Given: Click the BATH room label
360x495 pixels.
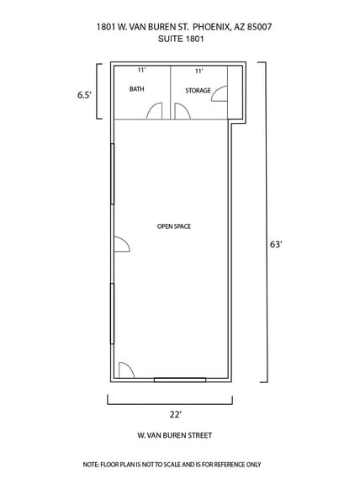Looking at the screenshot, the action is click(x=136, y=89).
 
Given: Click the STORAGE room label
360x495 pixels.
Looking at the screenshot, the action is click(x=198, y=91).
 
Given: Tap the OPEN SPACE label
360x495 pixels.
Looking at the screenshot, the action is click(x=174, y=226).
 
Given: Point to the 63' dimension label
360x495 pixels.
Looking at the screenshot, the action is click(x=275, y=244).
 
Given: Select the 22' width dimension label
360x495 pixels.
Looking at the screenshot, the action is click(x=175, y=414).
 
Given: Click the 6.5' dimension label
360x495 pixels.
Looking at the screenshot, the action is click(x=84, y=95).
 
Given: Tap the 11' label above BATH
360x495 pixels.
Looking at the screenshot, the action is click(x=141, y=70).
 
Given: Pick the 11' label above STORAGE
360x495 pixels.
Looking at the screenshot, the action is click(x=199, y=71).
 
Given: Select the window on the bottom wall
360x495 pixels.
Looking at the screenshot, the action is click(x=180, y=380).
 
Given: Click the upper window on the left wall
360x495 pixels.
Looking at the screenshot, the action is click(x=112, y=174).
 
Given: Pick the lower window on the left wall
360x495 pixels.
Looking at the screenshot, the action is click(x=112, y=313).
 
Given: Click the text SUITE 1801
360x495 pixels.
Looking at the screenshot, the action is click(x=181, y=39).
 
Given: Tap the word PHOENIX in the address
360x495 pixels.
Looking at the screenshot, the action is click(x=212, y=27).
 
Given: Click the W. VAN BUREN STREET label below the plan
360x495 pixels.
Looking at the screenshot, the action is click(x=174, y=435).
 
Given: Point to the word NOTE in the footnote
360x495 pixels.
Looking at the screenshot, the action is click(x=91, y=465).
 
